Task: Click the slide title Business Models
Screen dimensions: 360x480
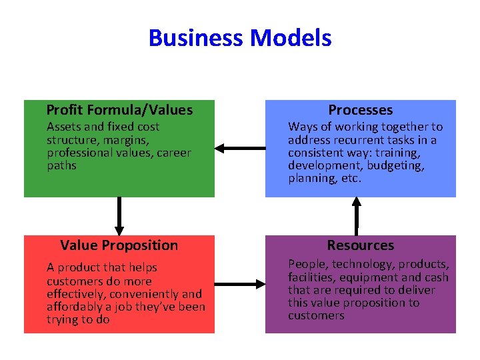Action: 240,38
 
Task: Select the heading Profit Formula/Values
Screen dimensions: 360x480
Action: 119,110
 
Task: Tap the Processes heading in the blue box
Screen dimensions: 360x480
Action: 361,110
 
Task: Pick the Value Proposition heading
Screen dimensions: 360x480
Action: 119,245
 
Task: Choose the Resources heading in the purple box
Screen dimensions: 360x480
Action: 361,245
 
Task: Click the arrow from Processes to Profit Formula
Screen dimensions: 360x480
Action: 240,147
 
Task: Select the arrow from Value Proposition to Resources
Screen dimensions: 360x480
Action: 240,285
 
